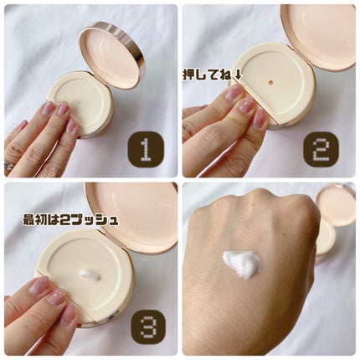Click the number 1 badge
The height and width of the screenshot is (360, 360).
[x=145, y=150]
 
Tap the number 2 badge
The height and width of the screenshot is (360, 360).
[x=321, y=150]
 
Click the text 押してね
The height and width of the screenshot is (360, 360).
[x=207, y=75]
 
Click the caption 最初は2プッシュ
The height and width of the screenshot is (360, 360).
[x=70, y=220]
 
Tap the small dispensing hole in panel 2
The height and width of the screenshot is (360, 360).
[x=270, y=82]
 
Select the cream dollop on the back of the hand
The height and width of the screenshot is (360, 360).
[x=242, y=263]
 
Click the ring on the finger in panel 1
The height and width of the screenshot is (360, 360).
[x=9, y=165]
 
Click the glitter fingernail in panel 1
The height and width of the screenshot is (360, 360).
[x=63, y=109]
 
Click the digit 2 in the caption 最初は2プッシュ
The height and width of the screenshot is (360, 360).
[x=65, y=220]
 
